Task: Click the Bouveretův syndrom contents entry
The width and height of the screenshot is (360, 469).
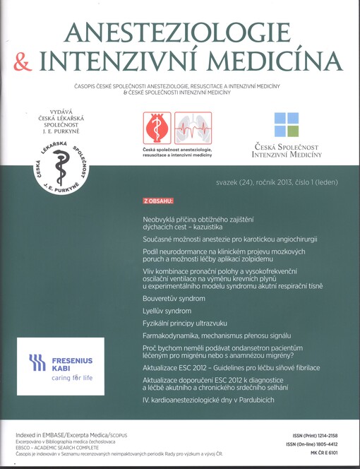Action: pos(174,299)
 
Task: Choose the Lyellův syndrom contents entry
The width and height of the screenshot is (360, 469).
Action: pos(167,311)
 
